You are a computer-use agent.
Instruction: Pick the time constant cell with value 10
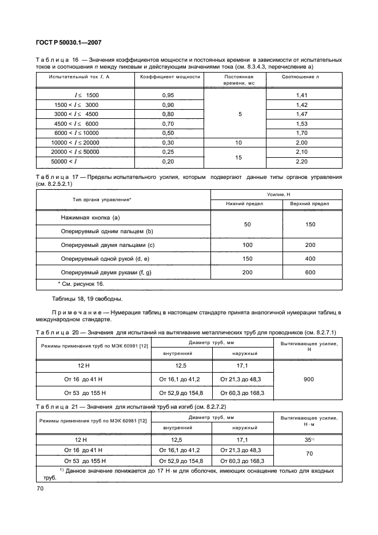(240, 142)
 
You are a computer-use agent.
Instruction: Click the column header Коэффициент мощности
(168, 77)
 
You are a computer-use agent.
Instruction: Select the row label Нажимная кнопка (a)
(90, 218)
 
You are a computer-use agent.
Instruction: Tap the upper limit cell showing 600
(311, 273)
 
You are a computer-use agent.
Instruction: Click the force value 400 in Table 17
(311, 259)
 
